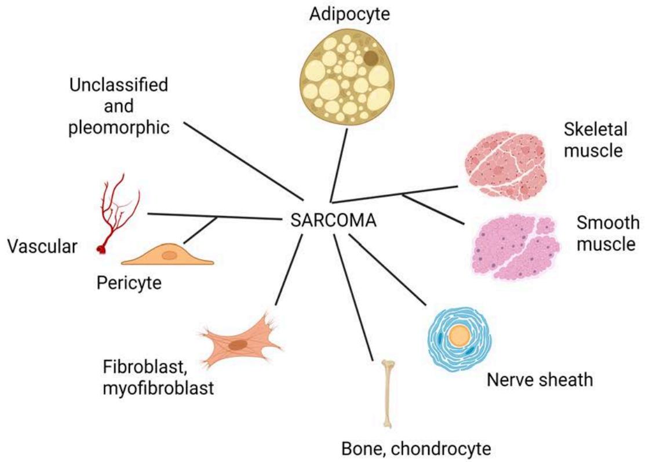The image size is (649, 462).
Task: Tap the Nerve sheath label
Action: coord(539,380)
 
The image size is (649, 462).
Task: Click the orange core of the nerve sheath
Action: coord(460,336)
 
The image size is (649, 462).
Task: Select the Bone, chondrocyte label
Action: coord(416,448)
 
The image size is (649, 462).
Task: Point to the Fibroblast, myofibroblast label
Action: coord(158,377)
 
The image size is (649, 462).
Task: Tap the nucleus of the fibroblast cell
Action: coord(237,345)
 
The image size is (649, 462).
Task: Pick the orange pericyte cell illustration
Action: coord(167,256)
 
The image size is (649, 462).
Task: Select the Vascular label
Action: coord(42,247)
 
